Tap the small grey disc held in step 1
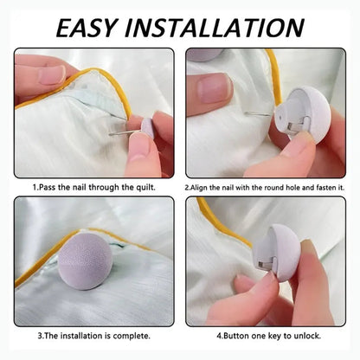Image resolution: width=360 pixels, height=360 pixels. pos(148,127)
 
